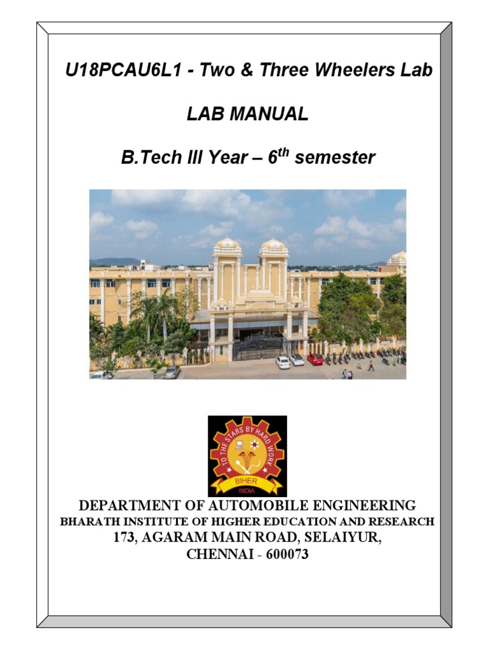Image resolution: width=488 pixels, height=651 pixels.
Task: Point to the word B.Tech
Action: click(x=150, y=158)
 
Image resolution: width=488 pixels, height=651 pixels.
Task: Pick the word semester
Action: click(x=335, y=158)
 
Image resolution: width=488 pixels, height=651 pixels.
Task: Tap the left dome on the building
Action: click(x=227, y=243)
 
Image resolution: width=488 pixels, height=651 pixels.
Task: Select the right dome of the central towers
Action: click(x=274, y=243)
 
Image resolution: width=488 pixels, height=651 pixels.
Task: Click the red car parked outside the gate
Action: click(x=315, y=359)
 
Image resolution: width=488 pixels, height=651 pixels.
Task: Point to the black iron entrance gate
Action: click(x=257, y=348)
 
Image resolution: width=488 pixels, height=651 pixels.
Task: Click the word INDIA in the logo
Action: click(x=247, y=490)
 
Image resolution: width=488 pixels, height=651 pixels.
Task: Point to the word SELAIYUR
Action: click(x=343, y=538)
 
